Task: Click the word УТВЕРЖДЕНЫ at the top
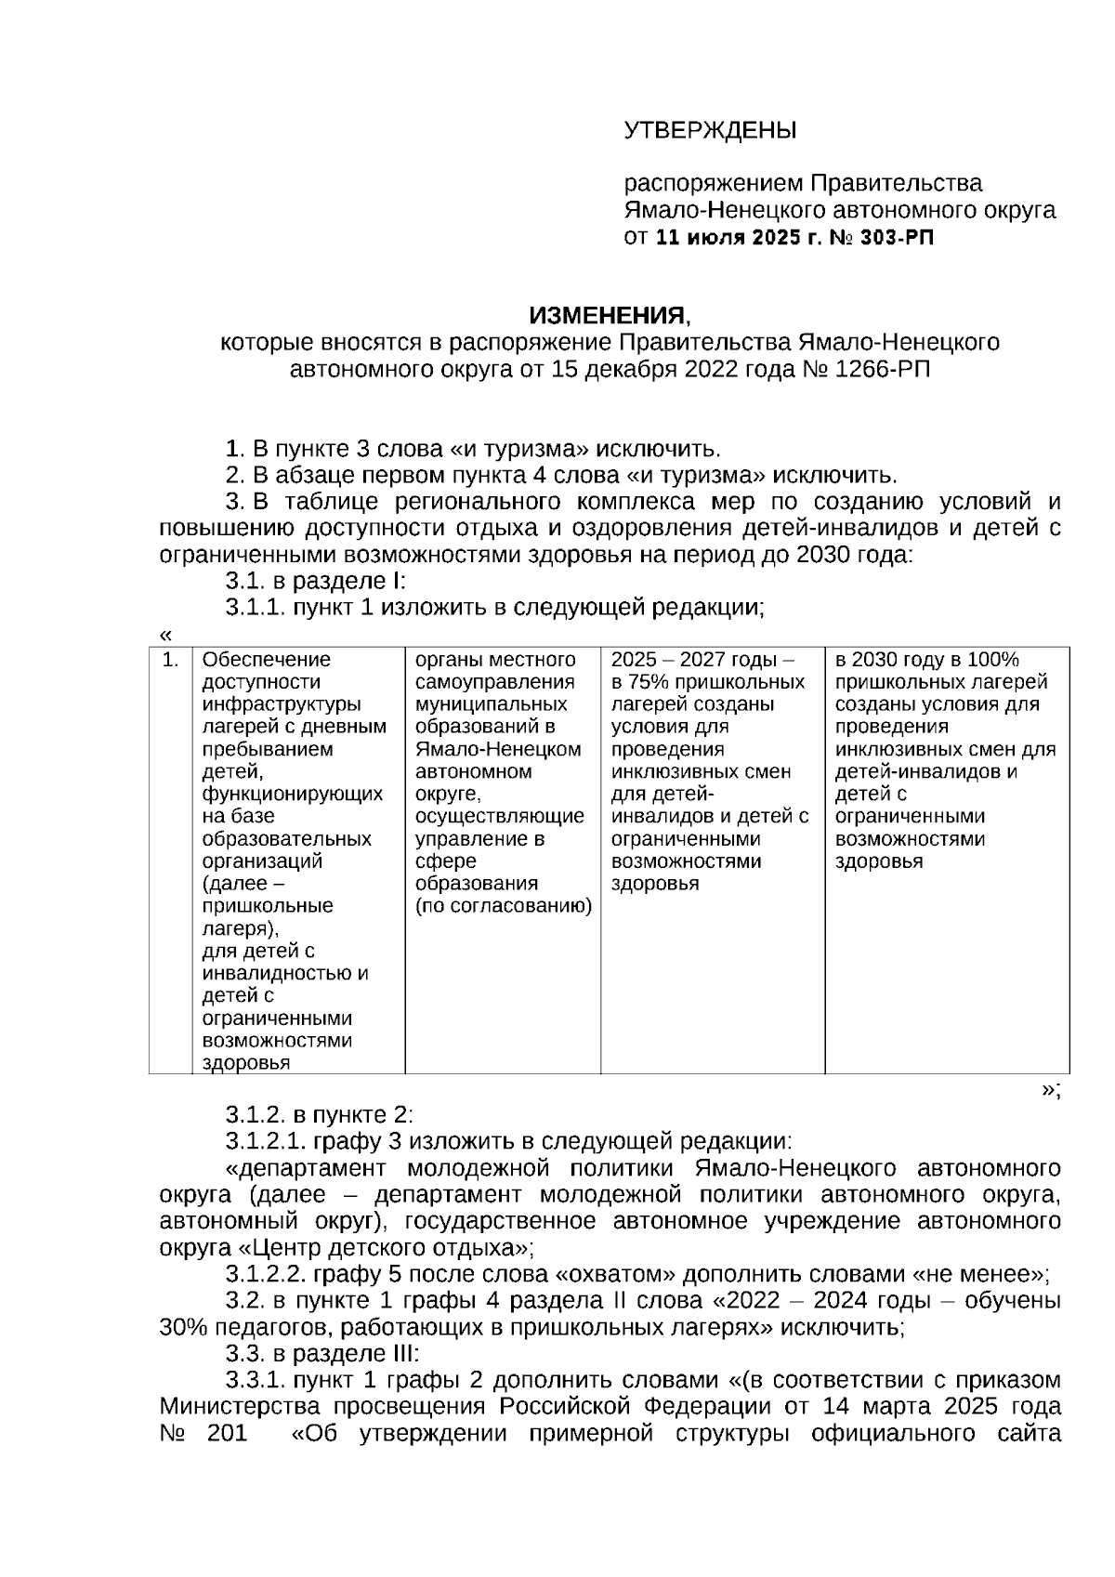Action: click(x=709, y=130)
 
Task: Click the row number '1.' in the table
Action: click(x=170, y=660)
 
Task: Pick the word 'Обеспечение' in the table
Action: click(x=267, y=660)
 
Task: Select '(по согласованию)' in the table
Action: click(x=503, y=906)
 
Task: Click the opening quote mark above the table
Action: click(x=165, y=636)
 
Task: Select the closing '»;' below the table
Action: click(x=1050, y=1090)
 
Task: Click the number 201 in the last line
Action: click(x=227, y=1432)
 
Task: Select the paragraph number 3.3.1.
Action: click(x=256, y=1379)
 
